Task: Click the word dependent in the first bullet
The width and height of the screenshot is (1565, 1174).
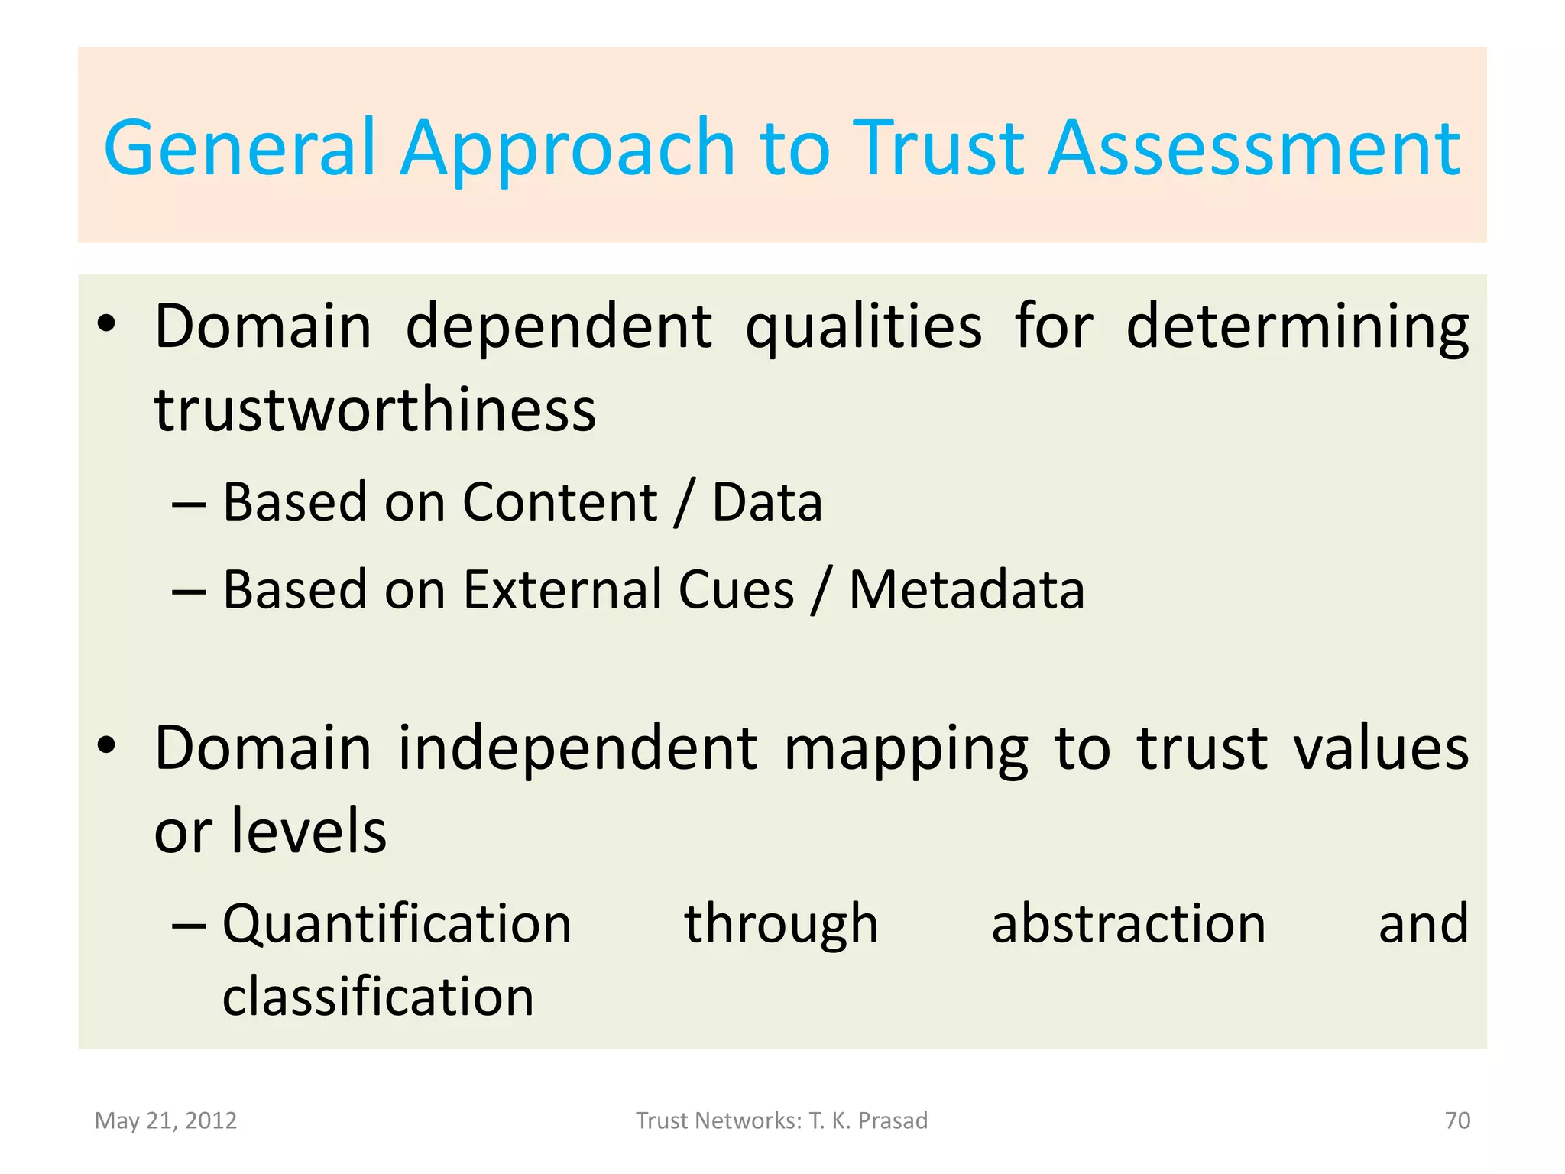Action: [559, 327]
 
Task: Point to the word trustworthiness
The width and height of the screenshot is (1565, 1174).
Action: [374, 410]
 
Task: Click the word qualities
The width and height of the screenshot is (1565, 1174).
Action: [864, 327]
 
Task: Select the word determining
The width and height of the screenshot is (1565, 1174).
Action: [1297, 327]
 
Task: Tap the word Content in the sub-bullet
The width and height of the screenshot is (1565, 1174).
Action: [559, 502]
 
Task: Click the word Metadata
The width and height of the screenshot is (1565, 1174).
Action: [967, 590]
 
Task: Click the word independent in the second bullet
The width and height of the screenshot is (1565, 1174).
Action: [578, 748]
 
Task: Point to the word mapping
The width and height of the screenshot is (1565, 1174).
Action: [906, 748]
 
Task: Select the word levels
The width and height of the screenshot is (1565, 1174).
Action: [309, 831]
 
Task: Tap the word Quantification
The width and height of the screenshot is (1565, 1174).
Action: [397, 924]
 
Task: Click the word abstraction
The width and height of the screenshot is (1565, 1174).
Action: [1128, 924]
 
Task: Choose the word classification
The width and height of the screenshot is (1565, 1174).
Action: [377, 997]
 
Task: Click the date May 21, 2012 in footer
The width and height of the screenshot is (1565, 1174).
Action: [165, 1120]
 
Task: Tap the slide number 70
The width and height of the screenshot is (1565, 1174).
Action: [1457, 1120]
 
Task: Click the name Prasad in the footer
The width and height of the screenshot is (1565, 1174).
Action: [893, 1120]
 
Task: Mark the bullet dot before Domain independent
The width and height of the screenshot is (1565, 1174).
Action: [106, 744]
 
